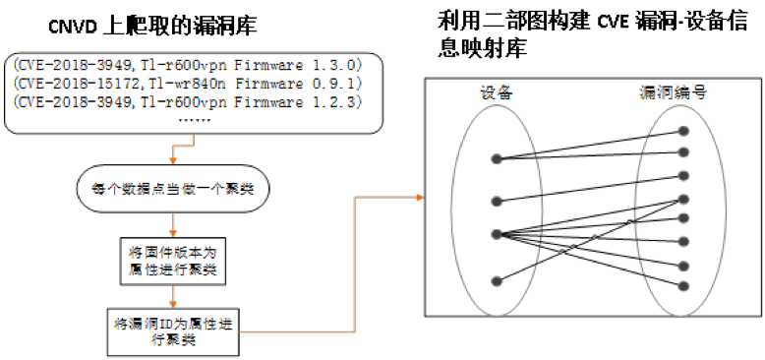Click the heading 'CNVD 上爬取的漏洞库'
[152, 27]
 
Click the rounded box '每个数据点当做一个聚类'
[173, 189]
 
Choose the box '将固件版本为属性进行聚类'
[173, 261]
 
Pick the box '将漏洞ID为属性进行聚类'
[173, 331]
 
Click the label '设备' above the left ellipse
[497, 92]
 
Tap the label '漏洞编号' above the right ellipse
[674, 92]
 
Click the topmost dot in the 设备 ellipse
[497, 159]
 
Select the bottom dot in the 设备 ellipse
[497, 281]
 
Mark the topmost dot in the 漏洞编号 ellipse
[684, 131]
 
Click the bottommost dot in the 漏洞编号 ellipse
[684, 286]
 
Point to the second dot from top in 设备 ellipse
[497, 201]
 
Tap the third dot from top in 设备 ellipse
[497, 235]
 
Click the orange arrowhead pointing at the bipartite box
[420, 197]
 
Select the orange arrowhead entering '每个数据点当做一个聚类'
[173, 162]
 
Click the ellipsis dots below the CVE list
[195, 120]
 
